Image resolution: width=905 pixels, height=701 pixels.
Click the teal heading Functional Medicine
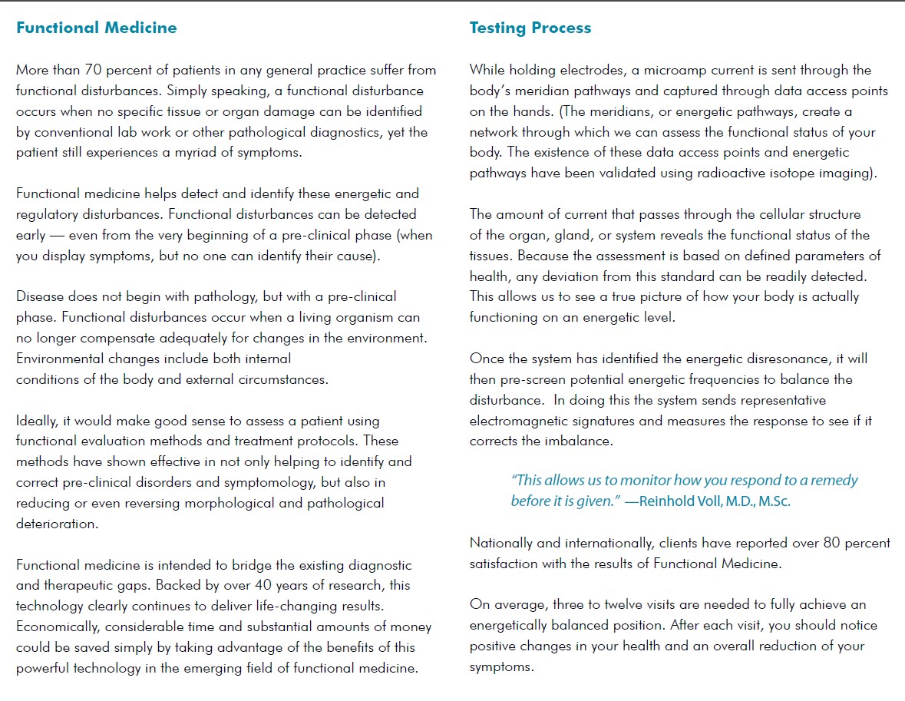[x=96, y=28]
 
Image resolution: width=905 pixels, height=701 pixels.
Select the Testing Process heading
[x=530, y=28]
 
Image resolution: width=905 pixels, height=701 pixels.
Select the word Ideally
[x=38, y=421]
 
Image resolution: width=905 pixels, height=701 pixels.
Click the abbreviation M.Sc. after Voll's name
[x=770, y=501]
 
